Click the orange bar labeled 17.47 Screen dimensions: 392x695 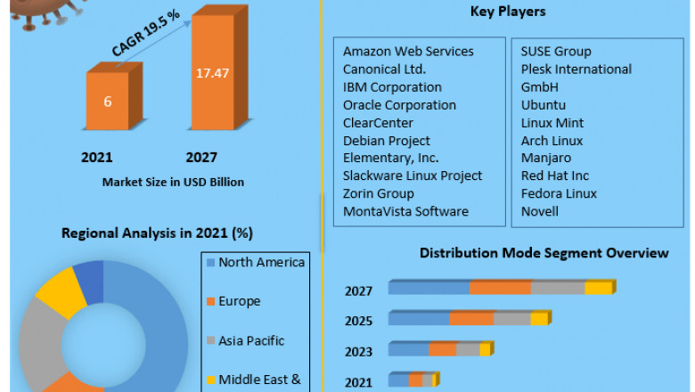(212, 89)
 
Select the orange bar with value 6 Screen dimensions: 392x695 (108, 102)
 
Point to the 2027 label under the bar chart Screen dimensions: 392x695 (201, 158)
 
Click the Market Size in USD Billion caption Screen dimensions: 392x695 (173, 182)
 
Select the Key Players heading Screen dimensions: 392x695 (508, 12)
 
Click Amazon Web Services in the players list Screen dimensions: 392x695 (408, 52)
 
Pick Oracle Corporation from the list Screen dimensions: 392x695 (399, 105)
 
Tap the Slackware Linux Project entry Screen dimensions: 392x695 (413, 176)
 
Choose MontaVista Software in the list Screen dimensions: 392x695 (405, 211)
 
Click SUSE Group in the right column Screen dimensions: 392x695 (556, 52)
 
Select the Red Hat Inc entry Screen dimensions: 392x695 (555, 176)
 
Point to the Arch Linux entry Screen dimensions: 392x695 (552, 141)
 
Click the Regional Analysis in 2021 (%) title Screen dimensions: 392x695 (157, 233)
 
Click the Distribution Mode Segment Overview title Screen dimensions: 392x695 (544, 254)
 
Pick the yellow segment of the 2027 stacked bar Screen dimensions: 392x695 (599, 288)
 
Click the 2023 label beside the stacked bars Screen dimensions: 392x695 (359, 352)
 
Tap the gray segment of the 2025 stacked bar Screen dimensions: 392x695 (511, 318)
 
